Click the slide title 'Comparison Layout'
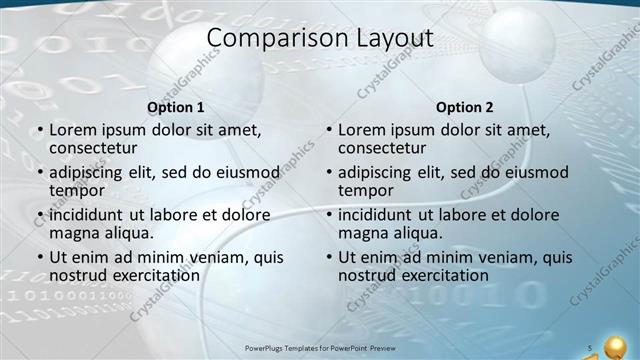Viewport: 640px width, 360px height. click(320, 39)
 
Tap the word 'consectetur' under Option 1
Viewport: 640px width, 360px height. click(93, 148)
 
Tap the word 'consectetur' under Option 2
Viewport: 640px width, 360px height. click(382, 148)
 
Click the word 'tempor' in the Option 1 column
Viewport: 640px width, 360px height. click(77, 191)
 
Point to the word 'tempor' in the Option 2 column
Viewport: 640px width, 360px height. click(366, 191)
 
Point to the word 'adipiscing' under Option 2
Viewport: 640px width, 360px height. click(381, 172)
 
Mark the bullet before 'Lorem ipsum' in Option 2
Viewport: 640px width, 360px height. click(329, 130)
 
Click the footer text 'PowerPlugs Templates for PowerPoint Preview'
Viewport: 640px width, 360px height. click(320, 348)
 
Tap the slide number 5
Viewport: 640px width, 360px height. click(591, 348)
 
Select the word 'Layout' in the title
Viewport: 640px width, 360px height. click(390, 39)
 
